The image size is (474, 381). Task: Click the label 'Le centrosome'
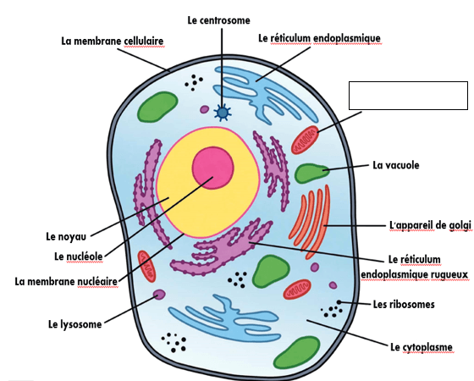(219, 20)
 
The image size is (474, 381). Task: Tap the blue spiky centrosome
(223, 113)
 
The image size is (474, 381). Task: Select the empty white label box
(408, 96)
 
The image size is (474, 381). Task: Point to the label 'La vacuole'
(396, 165)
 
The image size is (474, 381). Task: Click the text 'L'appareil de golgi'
(430, 225)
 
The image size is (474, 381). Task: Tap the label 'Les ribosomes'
(404, 304)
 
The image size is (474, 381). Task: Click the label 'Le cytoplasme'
(422, 347)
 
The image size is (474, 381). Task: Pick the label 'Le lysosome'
(75, 324)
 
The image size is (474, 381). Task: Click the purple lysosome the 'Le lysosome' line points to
(159, 295)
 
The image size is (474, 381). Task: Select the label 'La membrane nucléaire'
(66, 281)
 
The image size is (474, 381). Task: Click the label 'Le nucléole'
(79, 257)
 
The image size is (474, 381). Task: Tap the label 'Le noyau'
(66, 236)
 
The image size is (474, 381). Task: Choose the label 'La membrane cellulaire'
(113, 41)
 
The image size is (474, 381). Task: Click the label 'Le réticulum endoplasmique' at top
(320, 38)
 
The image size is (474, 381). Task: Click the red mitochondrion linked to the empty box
(305, 140)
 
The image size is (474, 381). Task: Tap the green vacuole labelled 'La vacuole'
(311, 174)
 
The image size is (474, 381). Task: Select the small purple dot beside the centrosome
(205, 109)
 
